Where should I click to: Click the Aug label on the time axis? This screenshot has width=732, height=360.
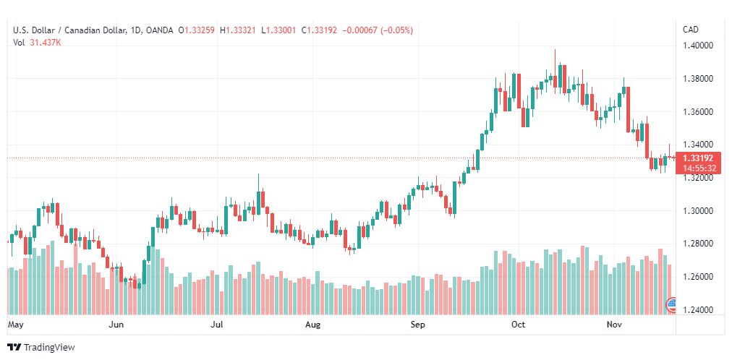click(312, 325)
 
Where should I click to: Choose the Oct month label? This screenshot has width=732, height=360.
click(518, 325)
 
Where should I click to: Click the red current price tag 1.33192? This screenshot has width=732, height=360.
click(697, 158)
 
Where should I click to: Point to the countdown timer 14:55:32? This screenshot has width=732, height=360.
click(697, 168)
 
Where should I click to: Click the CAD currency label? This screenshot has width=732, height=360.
click(691, 30)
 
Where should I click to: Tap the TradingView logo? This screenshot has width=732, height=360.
click(41, 348)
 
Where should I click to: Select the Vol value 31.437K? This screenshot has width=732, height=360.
click(46, 43)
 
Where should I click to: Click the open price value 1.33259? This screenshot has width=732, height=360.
click(200, 31)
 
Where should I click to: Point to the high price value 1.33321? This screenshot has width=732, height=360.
click(241, 31)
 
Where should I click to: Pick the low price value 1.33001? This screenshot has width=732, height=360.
click(281, 31)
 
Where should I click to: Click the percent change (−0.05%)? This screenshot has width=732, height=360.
click(397, 31)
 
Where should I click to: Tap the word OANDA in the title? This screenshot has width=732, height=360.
click(158, 31)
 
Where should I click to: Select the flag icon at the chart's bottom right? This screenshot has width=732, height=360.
click(671, 304)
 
